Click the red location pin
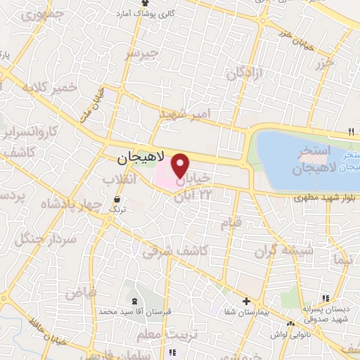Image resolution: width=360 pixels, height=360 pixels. click(180, 165)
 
